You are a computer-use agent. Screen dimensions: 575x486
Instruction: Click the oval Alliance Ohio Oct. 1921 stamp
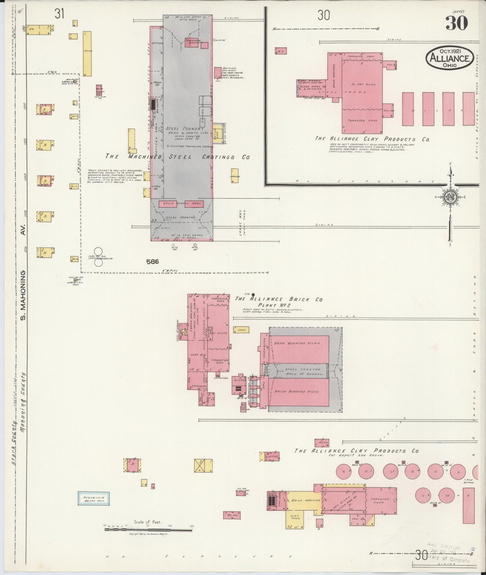[x=450, y=58]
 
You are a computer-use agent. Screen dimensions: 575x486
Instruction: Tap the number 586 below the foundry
[x=152, y=261]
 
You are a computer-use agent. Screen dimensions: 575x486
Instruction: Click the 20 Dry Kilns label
[x=362, y=84]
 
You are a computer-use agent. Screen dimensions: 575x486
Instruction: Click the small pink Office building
[x=272, y=456]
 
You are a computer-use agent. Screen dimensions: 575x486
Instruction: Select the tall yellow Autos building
[x=87, y=53]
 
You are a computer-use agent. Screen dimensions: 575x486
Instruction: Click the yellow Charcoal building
[x=234, y=176]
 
